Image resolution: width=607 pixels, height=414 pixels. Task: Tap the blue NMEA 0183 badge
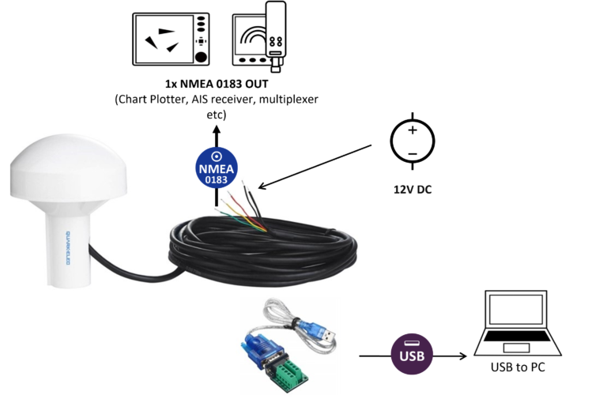tap(217, 168)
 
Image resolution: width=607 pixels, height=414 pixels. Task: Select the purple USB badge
tap(408, 356)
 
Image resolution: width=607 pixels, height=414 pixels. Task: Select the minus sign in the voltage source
tap(412, 152)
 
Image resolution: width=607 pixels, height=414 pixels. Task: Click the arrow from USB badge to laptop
tap(451, 356)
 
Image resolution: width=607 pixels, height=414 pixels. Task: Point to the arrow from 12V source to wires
tap(316, 168)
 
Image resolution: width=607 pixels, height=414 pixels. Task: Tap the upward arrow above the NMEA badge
tap(217, 134)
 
